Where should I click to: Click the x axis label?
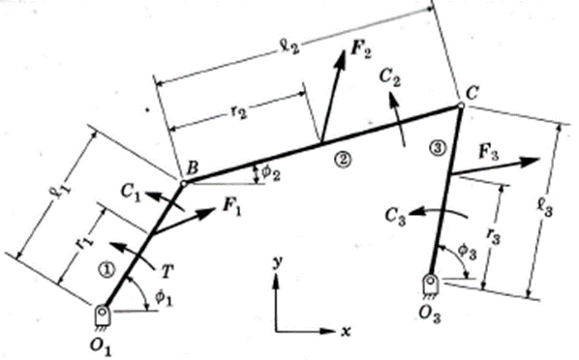tap(346, 330)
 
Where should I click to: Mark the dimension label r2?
tap(237, 112)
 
